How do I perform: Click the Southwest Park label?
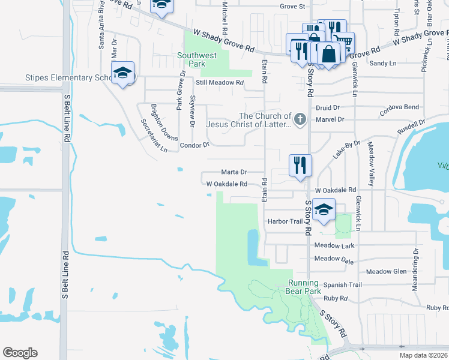[197, 59]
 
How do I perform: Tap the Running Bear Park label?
[304, 287]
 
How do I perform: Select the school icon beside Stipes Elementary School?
[122, 73]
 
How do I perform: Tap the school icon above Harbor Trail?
[324, 210]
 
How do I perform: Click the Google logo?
[20, 353]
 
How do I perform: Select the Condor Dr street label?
[194, 145]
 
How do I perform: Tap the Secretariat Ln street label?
[154, 135]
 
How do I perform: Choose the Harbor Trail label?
[286, 221]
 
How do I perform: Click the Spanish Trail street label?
[343, 285]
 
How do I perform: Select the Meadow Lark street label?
[335, 245]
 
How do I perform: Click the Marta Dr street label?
[234, 172]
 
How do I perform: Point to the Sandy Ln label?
[384, 63]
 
